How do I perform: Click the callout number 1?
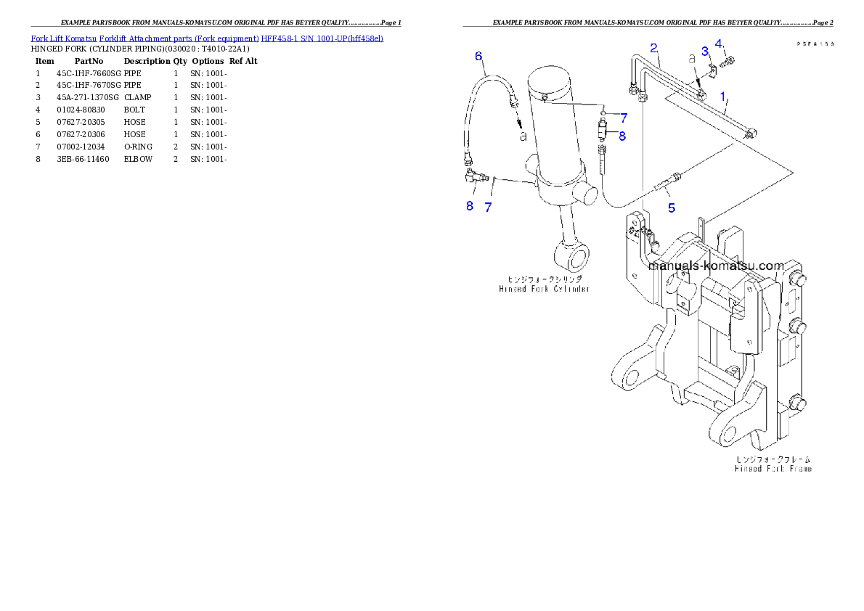pyautogui.click(x=722, y=96)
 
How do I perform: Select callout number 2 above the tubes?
pyautogui.click(x=653, y=48)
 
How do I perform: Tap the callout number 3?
pyautogui.click(x=704, y=51)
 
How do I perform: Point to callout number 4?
pyautogui.click(x=718, y=44)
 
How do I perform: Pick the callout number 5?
pyautogui.click(x=672, y=208)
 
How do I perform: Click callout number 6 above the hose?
pyautogui.click(x=478, y=55)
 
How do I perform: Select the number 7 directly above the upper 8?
pyautogui.click(x=623, y=118)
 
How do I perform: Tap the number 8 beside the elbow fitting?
pyautogui.click(x=470, y=205)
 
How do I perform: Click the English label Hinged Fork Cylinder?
pyautogui.click(x=544, y=288)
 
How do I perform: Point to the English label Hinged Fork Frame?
pyautogui.click(x=773, y=469)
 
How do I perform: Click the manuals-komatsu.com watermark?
pyautogui.click(x=716, y=266)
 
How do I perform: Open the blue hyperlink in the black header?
pyautogui.click(x=207, y=38)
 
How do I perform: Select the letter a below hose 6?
pyautogui.click(x=522, y=135)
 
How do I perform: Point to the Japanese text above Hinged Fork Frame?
pyautogui.click(x=773, y=459)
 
